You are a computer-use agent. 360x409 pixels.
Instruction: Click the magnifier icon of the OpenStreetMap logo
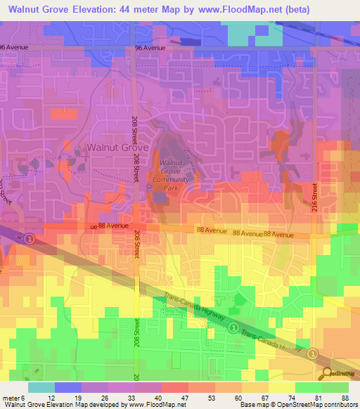click(327, 374)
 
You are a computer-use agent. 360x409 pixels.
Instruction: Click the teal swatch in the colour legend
click(41, 387)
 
